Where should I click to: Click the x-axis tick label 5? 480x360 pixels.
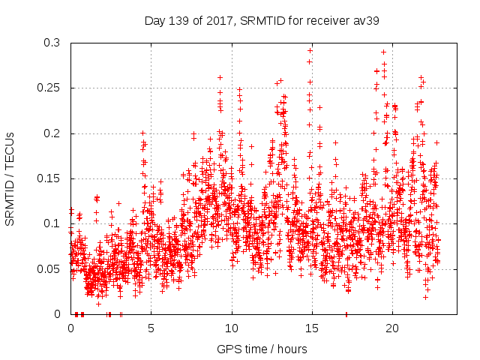(x=151, y=328)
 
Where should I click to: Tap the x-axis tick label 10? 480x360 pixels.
(x=232, y=328)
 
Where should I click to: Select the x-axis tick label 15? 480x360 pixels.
(x=312, y=328)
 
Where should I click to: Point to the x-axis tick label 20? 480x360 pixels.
(x=392, y=328)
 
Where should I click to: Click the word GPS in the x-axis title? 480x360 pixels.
(x=228, y=349)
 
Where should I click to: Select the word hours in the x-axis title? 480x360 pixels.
(x=292, y=349)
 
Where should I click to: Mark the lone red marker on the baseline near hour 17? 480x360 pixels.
(x=346, y=313)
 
